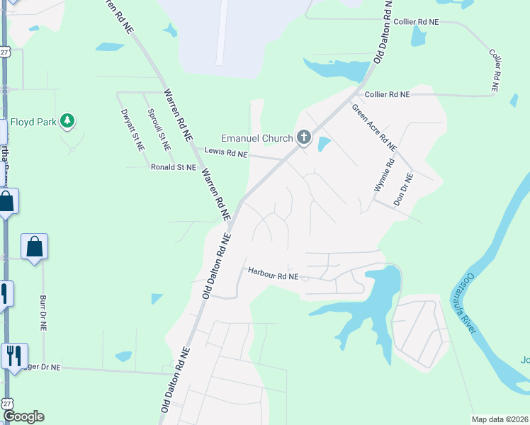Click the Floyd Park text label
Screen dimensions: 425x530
[x=33, y=122]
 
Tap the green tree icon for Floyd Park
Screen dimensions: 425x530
[x=67, y=121]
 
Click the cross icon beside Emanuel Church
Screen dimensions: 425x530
[x=304, y=137]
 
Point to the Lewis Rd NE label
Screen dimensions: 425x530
[x=226, y=152]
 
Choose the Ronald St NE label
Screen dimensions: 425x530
[x=173, y=167]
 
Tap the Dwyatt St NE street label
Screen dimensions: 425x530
[x=132, y=130]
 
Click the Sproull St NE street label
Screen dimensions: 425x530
[x=158, y=129]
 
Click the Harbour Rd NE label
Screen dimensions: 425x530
[x=273, y=272]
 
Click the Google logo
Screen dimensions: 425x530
[x=23, y=416]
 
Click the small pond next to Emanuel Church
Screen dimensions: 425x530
[x=324, y=144]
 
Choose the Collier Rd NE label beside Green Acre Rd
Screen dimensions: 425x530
[x=387, y=94]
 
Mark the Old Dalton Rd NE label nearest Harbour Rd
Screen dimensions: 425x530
[x=215, y=263]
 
